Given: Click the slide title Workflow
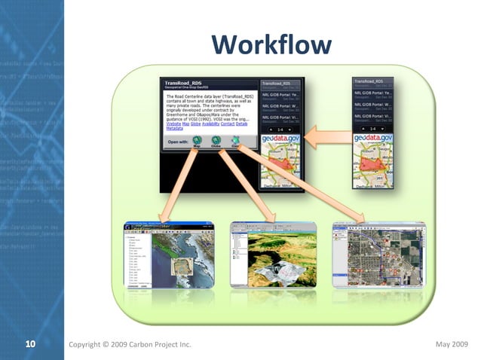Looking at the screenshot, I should point(271,44).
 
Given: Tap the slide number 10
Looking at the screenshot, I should point(30,344).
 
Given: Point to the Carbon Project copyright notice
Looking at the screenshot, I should point(129,344).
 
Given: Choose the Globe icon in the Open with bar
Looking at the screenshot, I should point(216,141).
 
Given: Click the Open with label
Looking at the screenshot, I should point(179,140).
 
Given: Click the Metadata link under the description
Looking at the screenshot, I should point(176,130).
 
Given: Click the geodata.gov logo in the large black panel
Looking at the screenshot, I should point(280,139).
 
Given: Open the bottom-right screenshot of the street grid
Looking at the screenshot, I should point(378,254).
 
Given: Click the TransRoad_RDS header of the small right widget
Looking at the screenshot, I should point(373,81).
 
